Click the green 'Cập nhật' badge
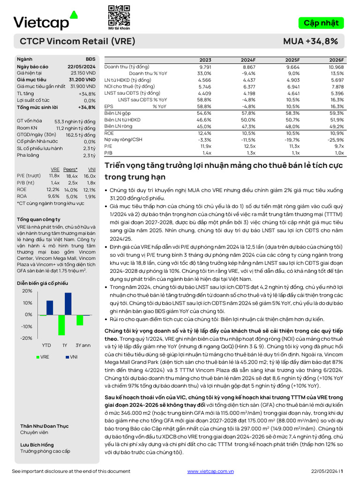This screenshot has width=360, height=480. tap(321, 23)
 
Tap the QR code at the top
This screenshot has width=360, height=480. tap(119, 15)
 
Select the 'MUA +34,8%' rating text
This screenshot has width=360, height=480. tap(310, 41)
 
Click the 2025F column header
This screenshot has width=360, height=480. tap(292, 60)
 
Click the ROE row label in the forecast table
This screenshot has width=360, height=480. tap(109, 133)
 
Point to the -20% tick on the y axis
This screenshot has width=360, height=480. tap(26, 338)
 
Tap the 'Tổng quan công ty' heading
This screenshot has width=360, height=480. tap(38, 219)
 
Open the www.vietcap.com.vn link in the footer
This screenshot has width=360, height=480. tap(210, 471)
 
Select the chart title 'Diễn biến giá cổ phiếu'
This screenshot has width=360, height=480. tap(42, 283)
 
